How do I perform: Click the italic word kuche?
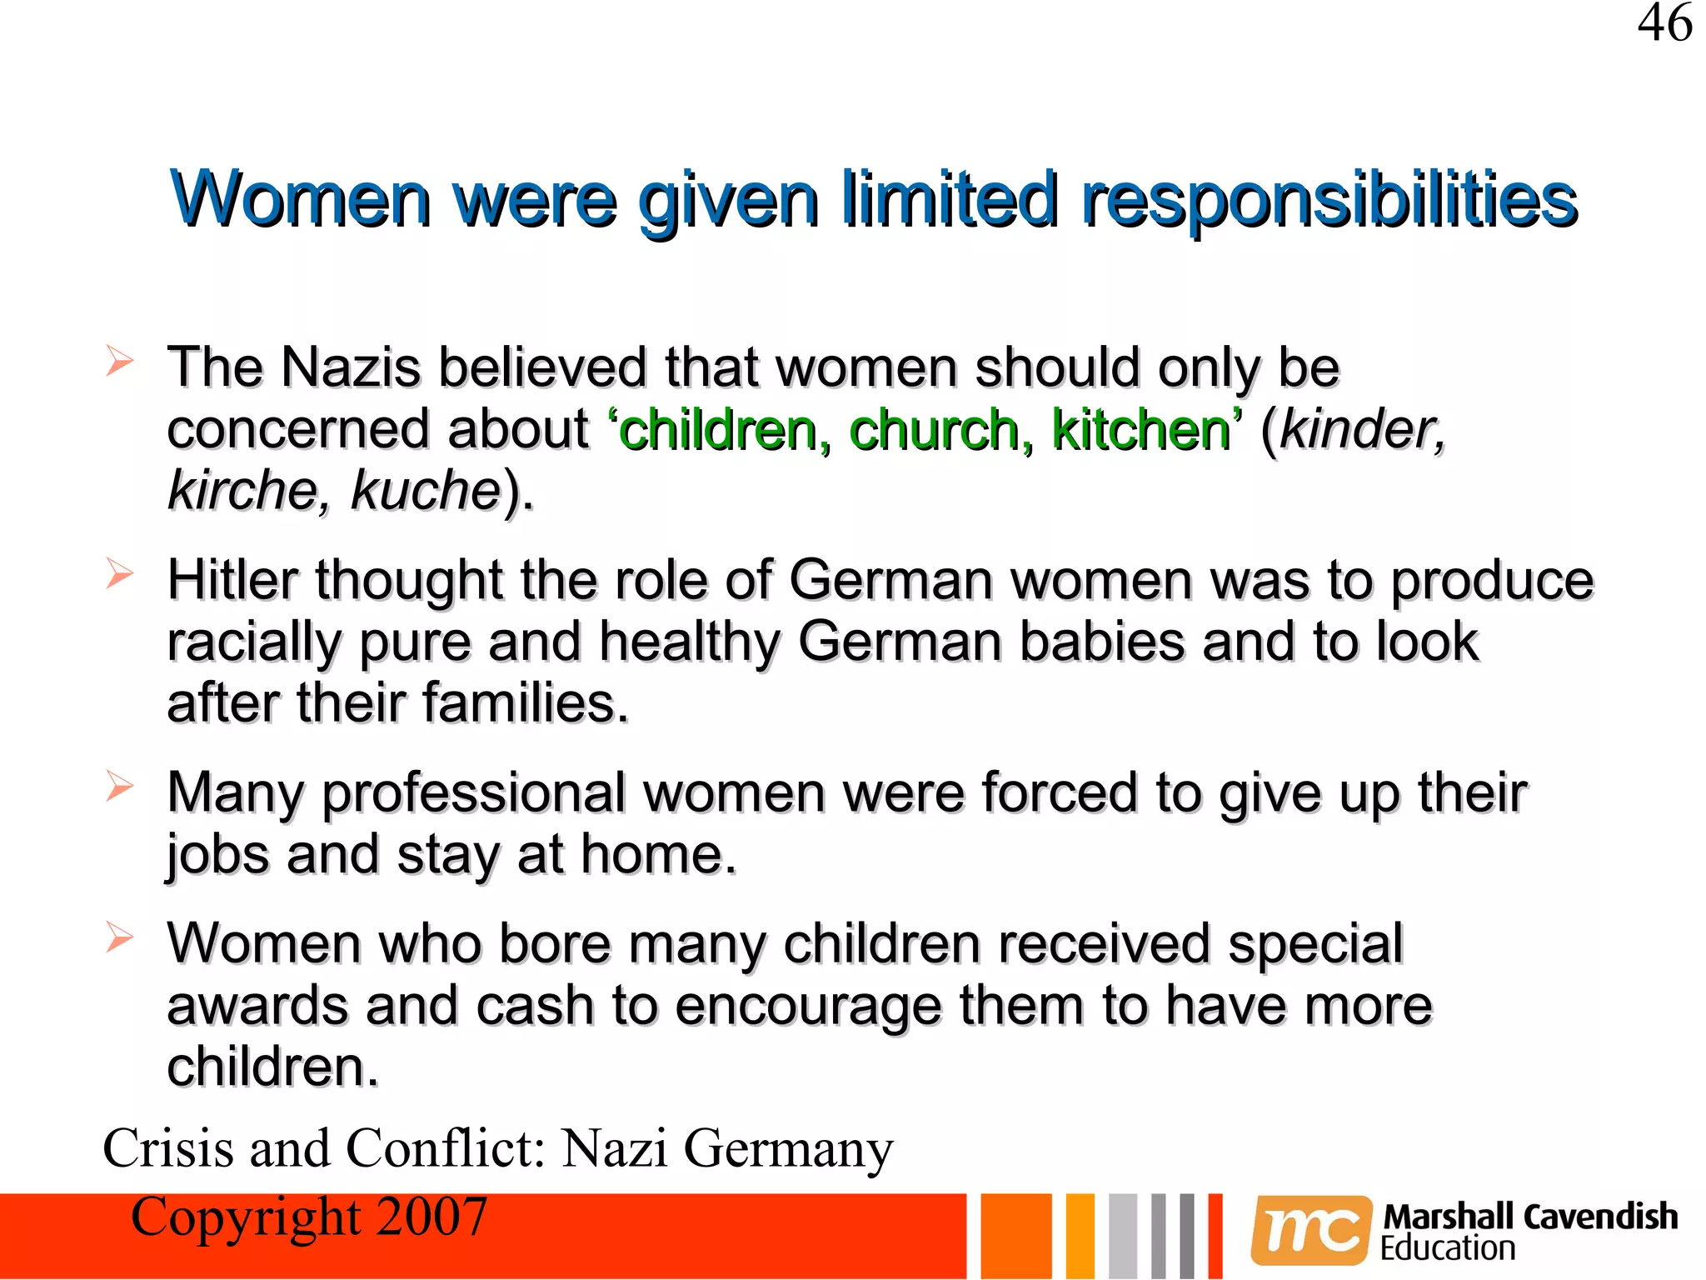click(425, 491)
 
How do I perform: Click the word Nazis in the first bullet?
click(351, 367)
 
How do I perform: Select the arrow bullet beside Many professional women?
click(120, 786)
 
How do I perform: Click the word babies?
click(1101, 642)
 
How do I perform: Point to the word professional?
click(474, 793)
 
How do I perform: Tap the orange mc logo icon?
click(1310, 1230)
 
